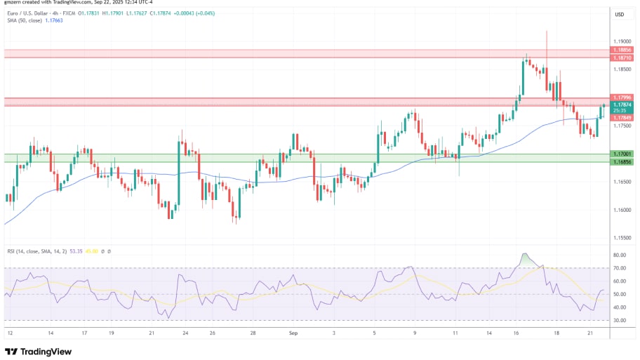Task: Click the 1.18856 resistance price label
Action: click(620, 51)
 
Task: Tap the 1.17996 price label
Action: click(620, 98)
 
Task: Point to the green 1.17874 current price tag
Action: click(620, 105)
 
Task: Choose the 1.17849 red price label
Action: click(620, 117)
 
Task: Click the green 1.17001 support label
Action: click(620, 154)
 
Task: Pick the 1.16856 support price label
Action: click(620, 162)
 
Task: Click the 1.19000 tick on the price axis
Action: click(620, 41)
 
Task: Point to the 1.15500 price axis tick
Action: click(620, 239)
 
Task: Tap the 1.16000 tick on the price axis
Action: click(620, 211)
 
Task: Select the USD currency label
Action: click(620, 15)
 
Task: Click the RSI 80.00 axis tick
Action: click(620, 255)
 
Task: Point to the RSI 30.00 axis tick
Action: click(620, 320)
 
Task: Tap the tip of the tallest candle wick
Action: click(547, 31)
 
